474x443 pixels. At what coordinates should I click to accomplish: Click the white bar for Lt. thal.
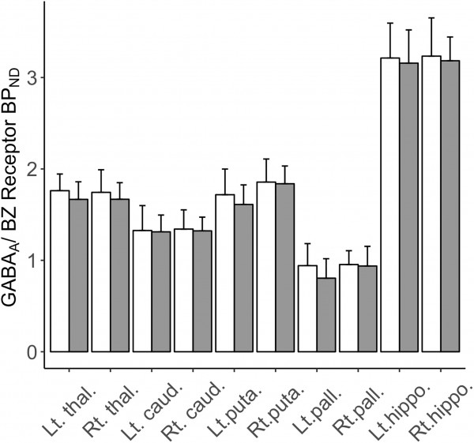[60, 271]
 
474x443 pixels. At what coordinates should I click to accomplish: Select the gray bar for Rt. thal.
[120, 276]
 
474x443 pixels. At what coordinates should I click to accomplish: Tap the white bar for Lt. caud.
[142, 291]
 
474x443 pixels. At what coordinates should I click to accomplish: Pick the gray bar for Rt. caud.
[202, 291]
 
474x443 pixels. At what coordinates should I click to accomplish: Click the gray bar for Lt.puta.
[243, 278]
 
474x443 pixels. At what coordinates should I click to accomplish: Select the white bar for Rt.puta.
[266, 267]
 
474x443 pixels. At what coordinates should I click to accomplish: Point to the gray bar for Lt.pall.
[326, 315]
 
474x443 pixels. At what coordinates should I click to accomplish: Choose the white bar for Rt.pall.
[349, 308]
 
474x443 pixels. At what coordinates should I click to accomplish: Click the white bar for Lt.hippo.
[390, 205]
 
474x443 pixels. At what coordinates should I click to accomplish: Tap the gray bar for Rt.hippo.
[450, 206]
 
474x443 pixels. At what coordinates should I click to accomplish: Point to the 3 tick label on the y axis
[32, 77]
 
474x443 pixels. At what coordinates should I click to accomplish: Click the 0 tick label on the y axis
[32, 351]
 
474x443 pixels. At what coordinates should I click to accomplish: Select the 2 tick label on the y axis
[32, 169]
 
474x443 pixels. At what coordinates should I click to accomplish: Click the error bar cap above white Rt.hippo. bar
[431, 18]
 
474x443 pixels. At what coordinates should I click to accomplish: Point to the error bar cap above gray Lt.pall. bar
[326, 259]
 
